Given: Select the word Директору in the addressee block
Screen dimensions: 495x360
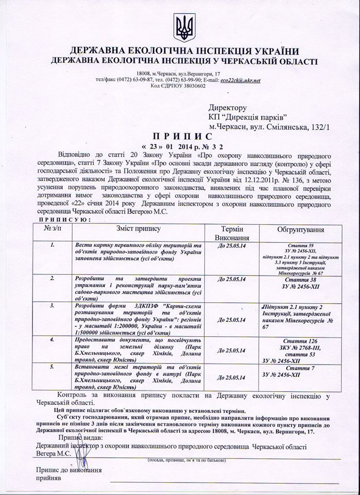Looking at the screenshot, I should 229,108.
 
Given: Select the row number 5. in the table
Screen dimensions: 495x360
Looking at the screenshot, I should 52,367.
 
